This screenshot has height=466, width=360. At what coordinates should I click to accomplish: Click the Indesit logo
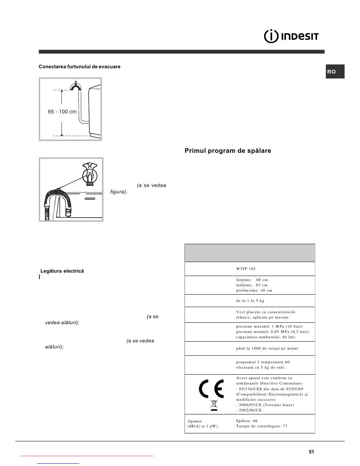pos(291,37)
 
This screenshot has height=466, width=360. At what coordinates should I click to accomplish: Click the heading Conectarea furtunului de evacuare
pos(80,67)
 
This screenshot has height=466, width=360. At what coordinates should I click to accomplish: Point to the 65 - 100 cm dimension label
pos(62,112)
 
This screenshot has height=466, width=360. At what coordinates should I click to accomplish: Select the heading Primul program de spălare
pos(228,151)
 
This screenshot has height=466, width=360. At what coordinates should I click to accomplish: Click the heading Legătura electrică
pos(62,271)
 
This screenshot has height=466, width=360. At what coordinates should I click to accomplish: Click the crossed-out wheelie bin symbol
pos(214,404)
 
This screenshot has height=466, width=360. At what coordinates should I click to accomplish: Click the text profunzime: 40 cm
pos(254,290)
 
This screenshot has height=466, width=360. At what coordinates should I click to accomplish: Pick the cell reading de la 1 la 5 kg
pos(250,300)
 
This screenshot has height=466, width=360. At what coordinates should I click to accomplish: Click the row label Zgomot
pos(195,421)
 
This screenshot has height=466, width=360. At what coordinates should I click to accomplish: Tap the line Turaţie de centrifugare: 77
pos(261,426)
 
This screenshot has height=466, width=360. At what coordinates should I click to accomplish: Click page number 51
pos(311,452)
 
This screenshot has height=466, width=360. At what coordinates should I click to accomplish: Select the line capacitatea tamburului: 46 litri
pos(265,337)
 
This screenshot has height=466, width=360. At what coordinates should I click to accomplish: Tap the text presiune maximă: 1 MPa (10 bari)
pos(269,326)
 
